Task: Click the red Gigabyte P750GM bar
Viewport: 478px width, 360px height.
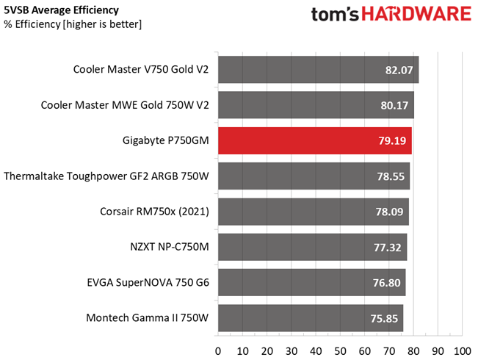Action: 315,140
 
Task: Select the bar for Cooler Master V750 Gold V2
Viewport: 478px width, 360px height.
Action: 318,70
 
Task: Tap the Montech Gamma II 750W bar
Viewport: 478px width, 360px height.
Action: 311,318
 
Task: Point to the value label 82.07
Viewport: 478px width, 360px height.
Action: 399,71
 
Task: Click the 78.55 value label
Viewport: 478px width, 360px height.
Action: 391,176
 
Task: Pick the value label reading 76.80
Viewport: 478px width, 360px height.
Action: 386,283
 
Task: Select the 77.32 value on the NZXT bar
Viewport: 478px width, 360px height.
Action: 388,248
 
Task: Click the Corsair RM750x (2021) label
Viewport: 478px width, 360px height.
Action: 154,212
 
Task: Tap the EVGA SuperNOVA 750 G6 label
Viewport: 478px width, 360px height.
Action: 148,283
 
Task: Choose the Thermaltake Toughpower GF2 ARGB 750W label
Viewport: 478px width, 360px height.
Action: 106,176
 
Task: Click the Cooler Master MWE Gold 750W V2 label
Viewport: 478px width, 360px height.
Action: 125,105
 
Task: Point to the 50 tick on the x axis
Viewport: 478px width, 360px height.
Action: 340,351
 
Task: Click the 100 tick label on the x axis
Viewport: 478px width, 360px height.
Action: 463,351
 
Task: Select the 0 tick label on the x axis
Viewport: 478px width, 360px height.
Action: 218,351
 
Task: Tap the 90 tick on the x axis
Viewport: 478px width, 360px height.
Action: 438,351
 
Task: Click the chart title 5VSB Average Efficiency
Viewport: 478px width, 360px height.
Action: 61,10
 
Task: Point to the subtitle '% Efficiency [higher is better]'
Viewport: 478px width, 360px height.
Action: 73,24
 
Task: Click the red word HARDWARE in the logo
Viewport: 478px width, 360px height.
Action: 416,14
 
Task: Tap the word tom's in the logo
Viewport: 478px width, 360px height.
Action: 335,15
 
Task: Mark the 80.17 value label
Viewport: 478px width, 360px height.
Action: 394,106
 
